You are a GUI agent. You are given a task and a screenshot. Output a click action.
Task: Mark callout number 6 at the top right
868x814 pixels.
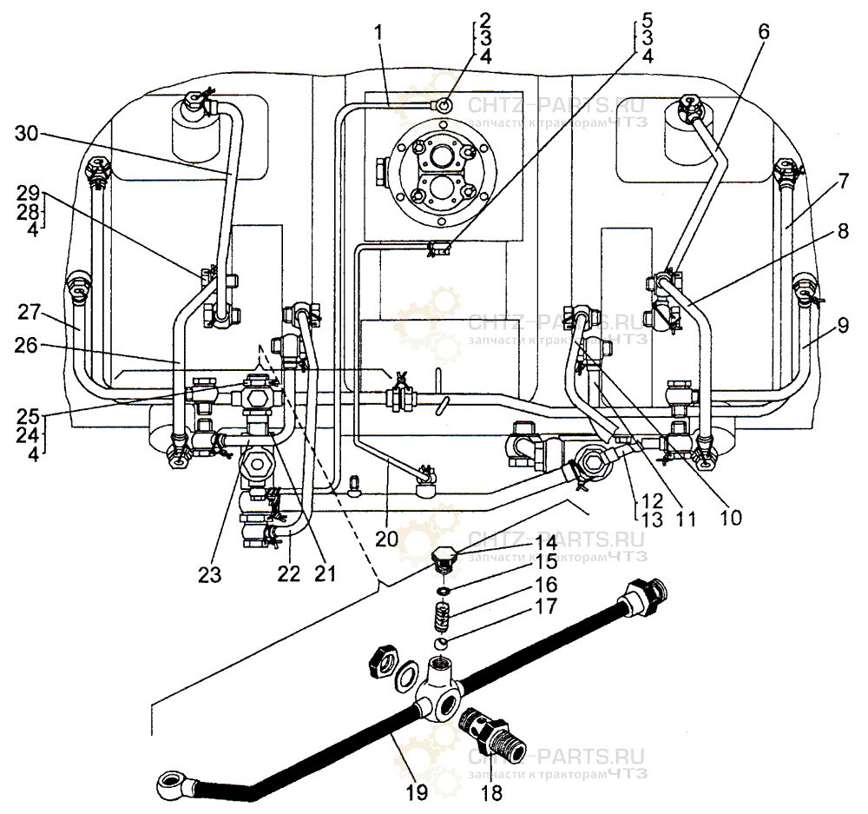pos(763,30)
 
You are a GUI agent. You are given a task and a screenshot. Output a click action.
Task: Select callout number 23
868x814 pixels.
pos(210,573)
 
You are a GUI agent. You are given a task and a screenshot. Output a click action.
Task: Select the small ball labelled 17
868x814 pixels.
pos(443,644)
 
